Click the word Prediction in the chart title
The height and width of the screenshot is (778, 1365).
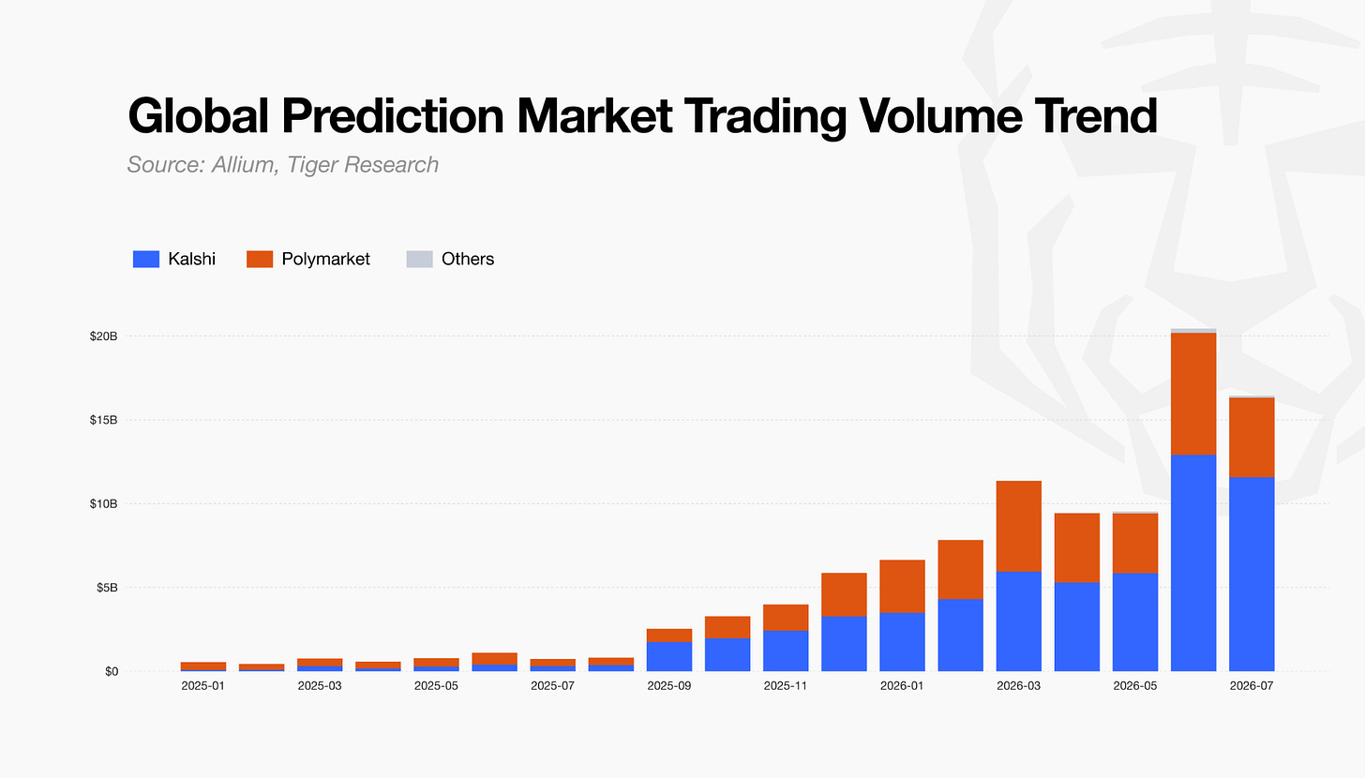point(393,115)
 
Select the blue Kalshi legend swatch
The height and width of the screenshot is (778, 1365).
point(146,259)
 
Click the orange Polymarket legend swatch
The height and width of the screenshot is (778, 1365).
point(260,259)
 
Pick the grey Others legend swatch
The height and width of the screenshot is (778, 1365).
point(419,259)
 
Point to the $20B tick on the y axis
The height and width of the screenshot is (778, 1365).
point(103,337)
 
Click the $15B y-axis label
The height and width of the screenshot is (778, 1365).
point(103,420)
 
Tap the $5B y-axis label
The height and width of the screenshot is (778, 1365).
point(107,588)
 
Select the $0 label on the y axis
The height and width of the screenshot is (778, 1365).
point(112,671)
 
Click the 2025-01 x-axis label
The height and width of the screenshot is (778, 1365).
point(202,686)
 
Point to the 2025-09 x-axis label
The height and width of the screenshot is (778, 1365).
point(669,686)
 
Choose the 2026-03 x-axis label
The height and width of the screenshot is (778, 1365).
point(1019,686)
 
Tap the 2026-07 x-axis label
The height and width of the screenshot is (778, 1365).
point(1252,686)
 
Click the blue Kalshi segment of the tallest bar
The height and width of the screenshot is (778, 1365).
point(1193,563)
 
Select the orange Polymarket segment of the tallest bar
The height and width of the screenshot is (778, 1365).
point(1193,395)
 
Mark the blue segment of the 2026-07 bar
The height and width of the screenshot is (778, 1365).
point(1252,575)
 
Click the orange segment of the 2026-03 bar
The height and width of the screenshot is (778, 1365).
point(1019,527)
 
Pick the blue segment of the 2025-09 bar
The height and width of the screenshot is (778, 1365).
point(669,657)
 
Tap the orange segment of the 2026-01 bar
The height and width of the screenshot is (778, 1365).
point(903,587)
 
